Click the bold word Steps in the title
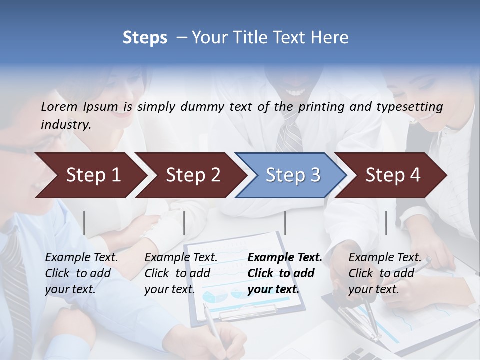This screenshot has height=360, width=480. coord(145,38)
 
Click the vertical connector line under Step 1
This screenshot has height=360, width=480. coord(84,223)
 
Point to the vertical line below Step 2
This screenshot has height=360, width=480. coord(184,223)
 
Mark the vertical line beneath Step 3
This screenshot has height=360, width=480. coord(285,223)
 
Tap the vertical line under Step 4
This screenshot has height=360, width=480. coord(386,223)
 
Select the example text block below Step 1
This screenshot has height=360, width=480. coord(82,273)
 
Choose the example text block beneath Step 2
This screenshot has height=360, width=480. coord(181,273)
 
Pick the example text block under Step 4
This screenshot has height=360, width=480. coord(385,273)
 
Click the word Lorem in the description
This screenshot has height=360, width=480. coord(59,106)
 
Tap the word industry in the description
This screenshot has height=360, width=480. coord(65,125)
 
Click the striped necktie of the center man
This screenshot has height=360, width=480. coord(290,132)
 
